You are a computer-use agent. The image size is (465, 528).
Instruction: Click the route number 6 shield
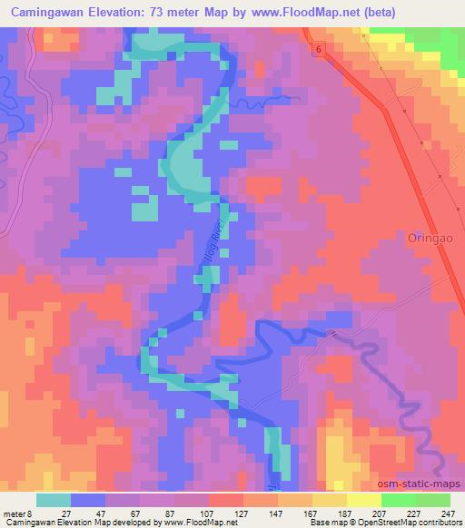[320, 48]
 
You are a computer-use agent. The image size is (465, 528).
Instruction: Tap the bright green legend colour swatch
[398, 500]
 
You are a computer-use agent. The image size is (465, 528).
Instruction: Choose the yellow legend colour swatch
[362, 500]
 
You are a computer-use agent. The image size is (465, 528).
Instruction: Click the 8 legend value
[30, 513]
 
